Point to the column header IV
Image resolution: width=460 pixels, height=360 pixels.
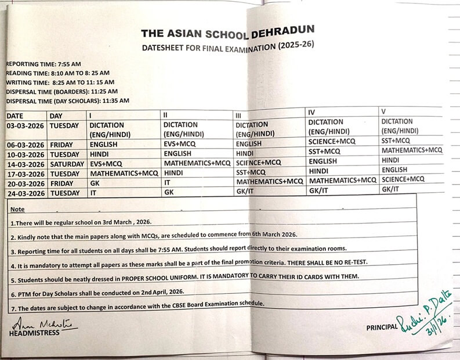coord(313,110)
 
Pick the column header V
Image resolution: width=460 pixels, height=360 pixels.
coord(383,110)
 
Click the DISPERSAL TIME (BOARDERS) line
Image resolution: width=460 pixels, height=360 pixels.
coord(61,91)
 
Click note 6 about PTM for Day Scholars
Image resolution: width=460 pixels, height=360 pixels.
coord(102,291)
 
